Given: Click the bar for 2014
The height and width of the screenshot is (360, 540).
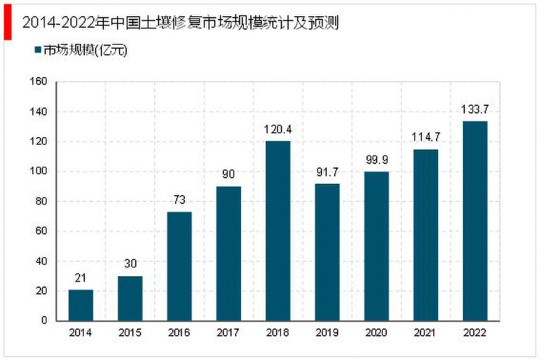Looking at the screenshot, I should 80,305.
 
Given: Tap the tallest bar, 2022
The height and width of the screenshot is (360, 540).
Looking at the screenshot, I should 475,220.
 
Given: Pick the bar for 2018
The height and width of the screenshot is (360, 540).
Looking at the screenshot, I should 277,230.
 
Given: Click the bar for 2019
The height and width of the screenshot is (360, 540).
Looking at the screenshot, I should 327,252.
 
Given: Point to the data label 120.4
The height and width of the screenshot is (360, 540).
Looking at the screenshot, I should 277,129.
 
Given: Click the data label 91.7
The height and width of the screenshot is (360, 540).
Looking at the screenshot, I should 327,172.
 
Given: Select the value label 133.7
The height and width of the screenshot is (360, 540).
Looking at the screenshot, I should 475,109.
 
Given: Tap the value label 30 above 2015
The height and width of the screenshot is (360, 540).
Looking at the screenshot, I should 130,264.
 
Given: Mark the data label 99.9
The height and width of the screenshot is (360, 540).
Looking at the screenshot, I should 376,160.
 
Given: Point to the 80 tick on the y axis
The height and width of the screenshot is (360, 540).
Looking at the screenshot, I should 41,201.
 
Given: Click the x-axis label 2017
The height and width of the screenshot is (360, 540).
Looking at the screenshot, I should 228,333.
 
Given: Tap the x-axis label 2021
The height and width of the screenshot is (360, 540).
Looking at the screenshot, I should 425,333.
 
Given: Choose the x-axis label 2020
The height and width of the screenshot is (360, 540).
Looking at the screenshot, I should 376,333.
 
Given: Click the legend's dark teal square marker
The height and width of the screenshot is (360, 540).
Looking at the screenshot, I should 38,49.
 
